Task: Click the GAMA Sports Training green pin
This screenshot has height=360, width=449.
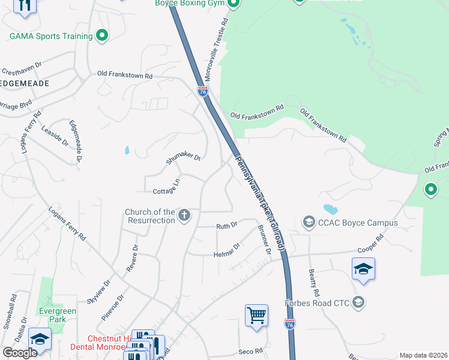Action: point(102,37)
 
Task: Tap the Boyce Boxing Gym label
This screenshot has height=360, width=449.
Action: point(189,3)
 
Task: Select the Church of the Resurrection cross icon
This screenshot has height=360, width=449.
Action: point(184,215)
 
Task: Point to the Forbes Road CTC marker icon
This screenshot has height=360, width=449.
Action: point(358,302)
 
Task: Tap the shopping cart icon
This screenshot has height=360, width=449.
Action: point(256,315)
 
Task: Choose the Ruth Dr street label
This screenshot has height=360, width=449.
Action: point(227,226)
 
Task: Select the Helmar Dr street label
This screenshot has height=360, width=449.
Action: point(227,250)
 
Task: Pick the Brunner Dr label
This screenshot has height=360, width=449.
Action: point(264,238)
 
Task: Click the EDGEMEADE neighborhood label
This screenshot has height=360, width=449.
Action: point(25,83)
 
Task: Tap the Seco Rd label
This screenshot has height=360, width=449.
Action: point(250,351)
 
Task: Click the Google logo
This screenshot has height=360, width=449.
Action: point(20,353)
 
